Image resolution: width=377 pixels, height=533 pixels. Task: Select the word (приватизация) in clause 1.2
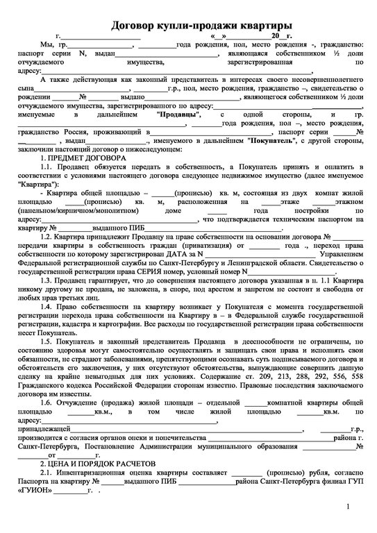206,246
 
